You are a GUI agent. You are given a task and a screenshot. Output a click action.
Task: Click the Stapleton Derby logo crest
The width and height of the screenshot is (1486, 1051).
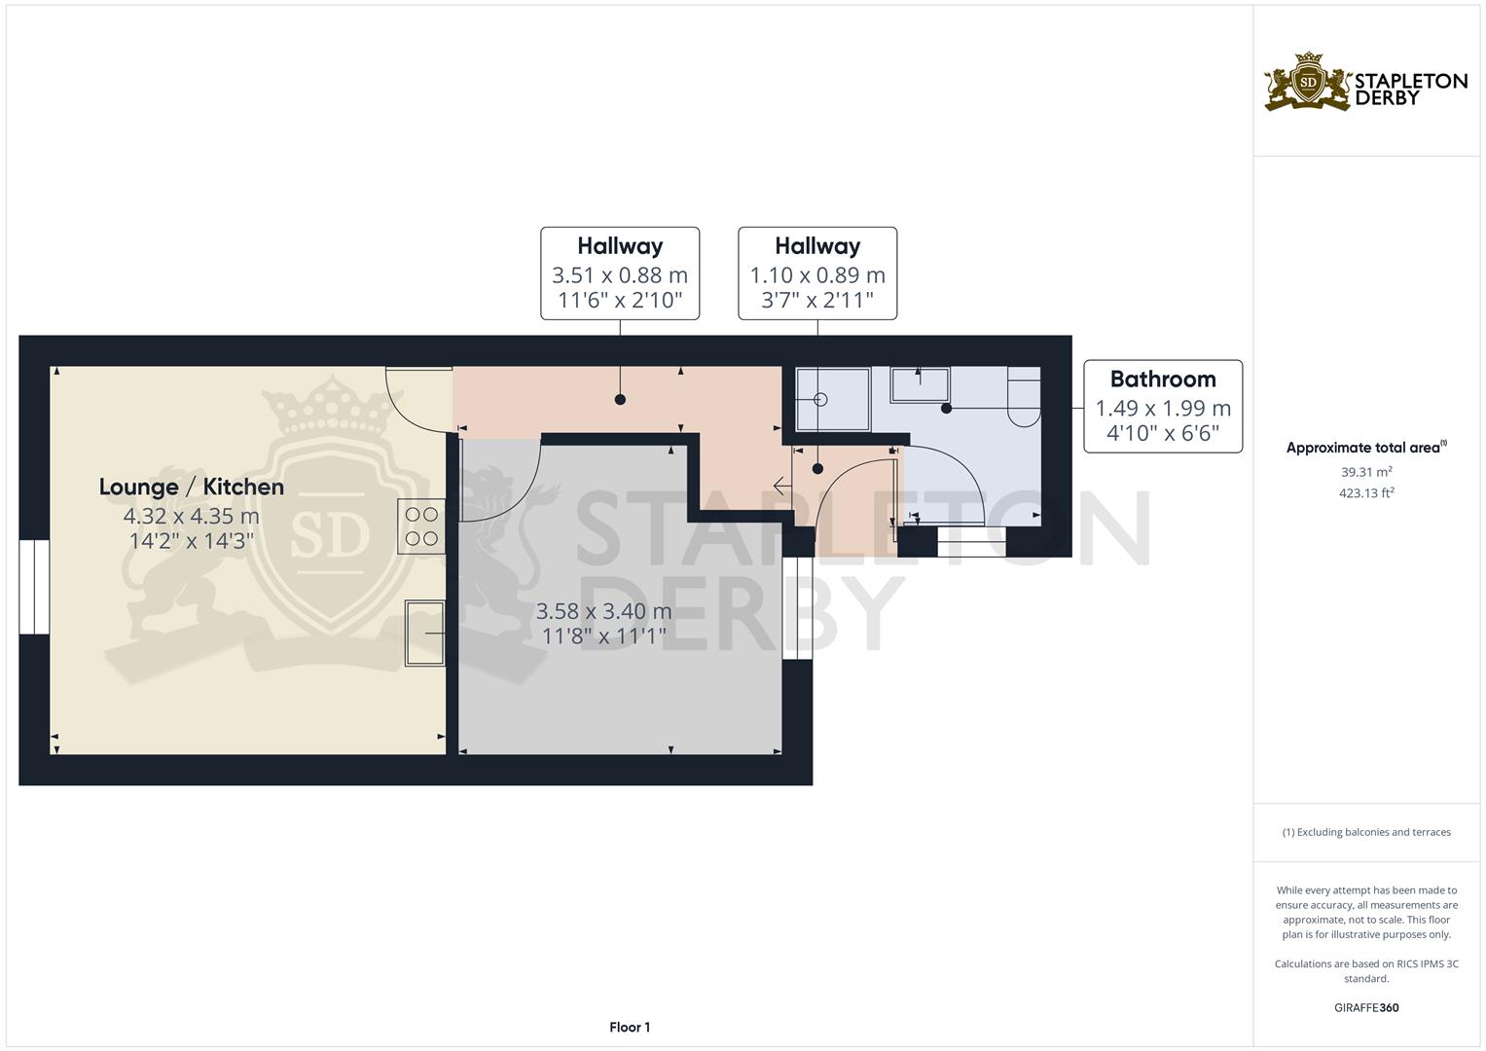(1308, 82)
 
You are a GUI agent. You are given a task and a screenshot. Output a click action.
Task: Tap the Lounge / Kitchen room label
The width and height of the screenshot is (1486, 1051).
(192, 487)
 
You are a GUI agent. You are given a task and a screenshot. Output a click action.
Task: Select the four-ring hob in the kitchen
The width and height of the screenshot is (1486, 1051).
(421, 526)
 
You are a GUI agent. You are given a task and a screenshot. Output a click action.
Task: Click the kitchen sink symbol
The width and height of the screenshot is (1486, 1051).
(424, 633)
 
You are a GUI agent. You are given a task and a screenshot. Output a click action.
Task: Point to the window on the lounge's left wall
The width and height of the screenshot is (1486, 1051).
(34, 587)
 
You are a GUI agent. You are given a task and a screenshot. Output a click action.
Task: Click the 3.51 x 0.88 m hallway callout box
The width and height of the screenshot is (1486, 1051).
(620, 273)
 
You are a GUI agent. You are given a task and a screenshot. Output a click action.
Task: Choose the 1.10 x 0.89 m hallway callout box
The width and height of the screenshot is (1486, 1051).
(817, 273)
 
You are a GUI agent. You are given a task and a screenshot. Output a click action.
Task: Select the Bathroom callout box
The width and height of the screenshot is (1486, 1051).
(1163, 407)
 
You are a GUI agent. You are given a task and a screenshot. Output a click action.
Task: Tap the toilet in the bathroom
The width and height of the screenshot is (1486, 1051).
(1024, 396)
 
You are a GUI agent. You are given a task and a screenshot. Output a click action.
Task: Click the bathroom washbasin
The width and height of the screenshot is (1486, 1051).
(921, 384)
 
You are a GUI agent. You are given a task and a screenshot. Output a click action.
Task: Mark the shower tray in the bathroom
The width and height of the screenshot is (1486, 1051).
(833, 399)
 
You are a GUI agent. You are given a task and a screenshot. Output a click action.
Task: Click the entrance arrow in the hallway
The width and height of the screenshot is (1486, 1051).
(782, 487)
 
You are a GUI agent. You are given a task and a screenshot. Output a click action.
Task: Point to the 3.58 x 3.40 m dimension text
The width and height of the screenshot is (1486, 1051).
(603, 611)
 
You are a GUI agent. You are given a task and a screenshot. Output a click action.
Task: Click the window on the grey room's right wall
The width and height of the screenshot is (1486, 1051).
(797, 608)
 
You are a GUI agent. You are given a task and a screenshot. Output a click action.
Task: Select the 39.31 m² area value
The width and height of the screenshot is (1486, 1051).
(1366, 472)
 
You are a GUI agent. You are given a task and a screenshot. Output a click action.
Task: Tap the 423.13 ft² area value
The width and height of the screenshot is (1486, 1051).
(1366, 493)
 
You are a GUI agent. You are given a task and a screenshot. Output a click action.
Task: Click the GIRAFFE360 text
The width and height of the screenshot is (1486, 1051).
(1366, 1008)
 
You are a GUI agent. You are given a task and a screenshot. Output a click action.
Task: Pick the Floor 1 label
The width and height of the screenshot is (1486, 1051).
(630, 1027)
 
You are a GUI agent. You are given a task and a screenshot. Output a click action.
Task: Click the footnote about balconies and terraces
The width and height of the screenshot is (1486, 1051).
(1366, 832)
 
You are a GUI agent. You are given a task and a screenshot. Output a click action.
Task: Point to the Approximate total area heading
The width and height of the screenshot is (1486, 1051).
(1366, 448)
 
